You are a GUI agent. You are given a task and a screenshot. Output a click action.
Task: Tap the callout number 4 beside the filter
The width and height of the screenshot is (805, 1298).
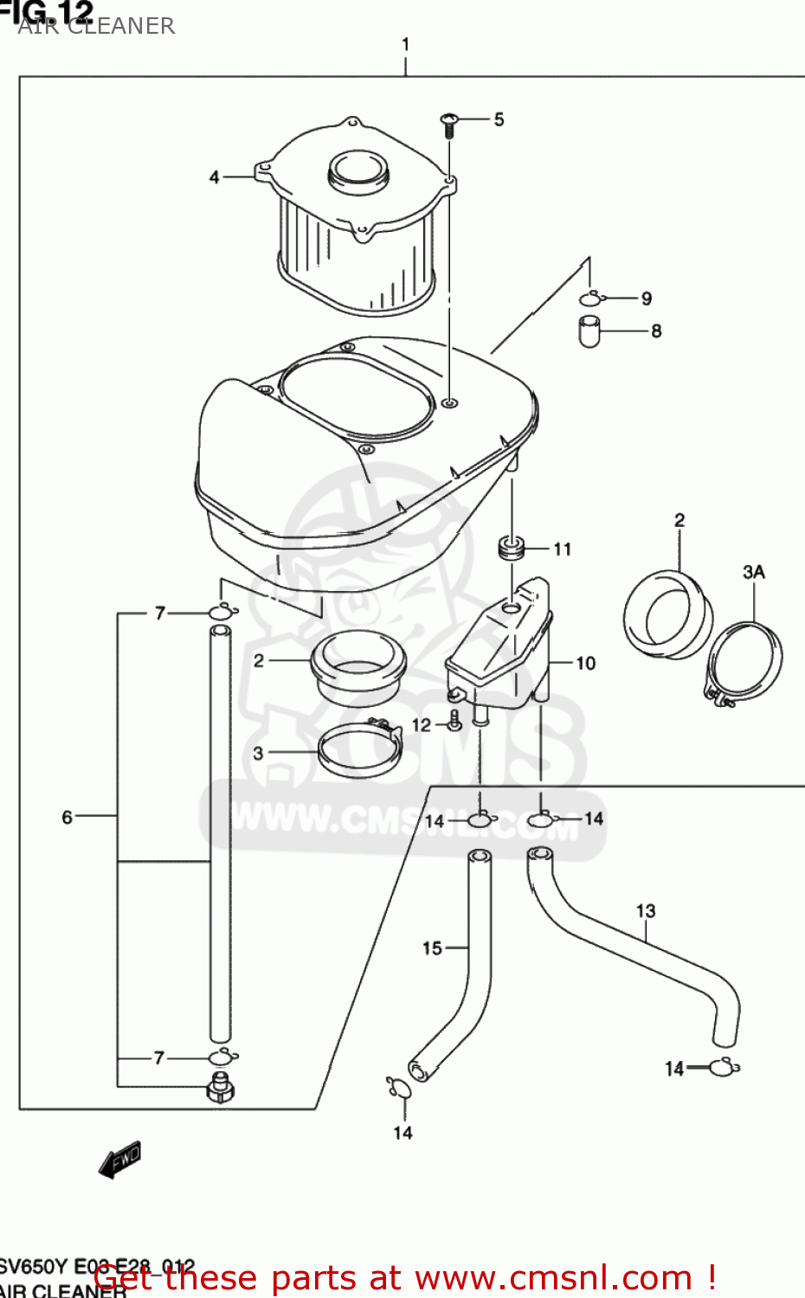215,177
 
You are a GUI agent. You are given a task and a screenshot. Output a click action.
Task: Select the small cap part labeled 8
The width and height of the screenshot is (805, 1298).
589,331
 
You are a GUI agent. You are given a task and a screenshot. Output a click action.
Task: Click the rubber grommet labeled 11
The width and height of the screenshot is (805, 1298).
512,549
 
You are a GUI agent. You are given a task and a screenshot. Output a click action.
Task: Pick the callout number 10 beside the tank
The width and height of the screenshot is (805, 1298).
586,663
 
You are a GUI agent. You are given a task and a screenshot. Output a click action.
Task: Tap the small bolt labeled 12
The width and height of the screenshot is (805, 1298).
454,720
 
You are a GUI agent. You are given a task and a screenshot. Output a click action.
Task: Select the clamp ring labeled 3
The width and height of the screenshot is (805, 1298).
360,750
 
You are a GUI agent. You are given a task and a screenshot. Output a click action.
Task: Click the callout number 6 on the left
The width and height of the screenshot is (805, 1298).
68,817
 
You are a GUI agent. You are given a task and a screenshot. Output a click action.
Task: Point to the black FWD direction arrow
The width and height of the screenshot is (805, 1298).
119,1160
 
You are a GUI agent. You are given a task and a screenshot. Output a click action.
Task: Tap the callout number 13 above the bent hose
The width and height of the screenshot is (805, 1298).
646,910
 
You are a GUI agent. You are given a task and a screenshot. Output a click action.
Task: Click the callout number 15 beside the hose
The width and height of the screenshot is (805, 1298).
432,948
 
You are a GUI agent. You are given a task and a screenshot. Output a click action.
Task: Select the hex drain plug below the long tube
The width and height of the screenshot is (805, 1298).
220,1088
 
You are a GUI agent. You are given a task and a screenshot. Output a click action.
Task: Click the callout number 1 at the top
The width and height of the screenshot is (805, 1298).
405,44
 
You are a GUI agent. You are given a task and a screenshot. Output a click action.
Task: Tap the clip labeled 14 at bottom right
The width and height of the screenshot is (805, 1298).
724,1068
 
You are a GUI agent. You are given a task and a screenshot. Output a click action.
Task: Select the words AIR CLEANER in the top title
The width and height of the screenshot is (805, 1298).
96,26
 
